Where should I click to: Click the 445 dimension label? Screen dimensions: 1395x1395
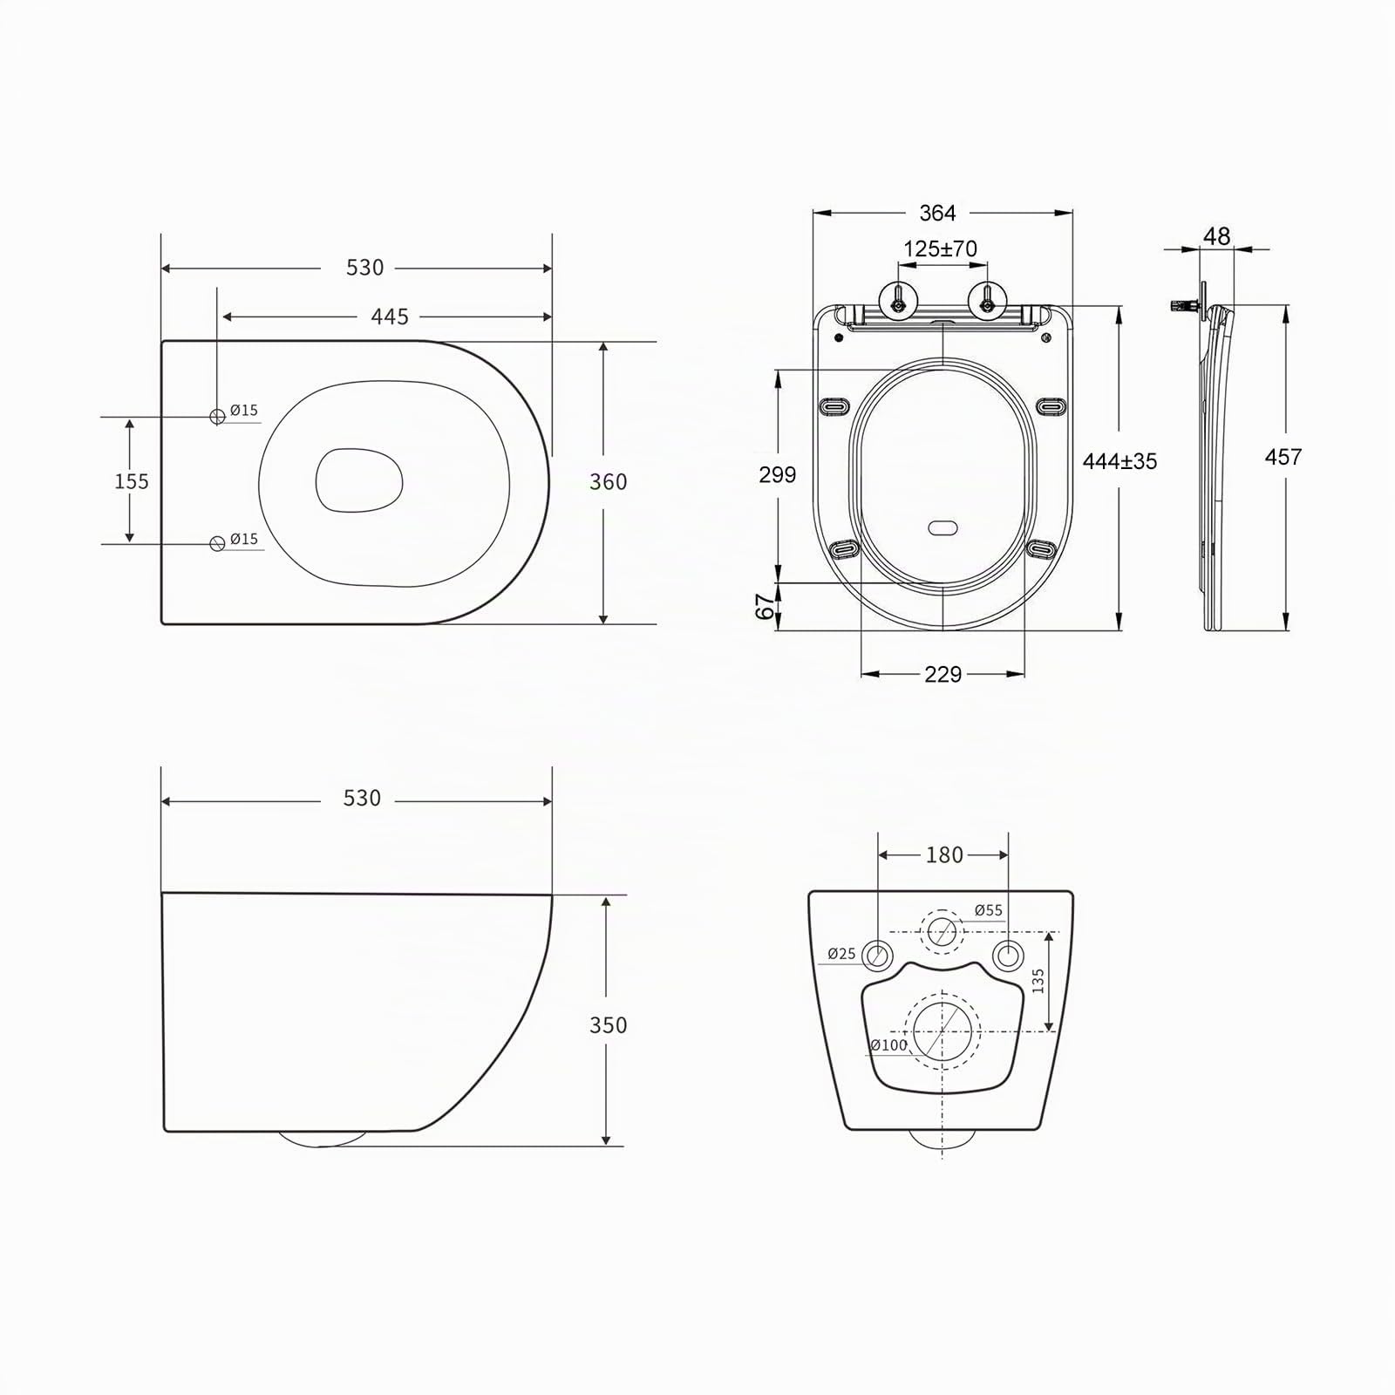pos(390,316)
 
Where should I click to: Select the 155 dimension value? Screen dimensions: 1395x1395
pos(132,481)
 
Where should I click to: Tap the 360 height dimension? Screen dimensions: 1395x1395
pos(608,482)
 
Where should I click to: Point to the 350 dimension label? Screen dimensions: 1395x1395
pos(608,1025)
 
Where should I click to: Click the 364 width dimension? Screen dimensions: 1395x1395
pos(937,213)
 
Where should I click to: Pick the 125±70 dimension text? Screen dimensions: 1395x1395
pos(940,248)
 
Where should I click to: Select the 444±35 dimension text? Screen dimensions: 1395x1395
pos(1119,461)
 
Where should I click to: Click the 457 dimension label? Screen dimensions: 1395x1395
pos(1283,457)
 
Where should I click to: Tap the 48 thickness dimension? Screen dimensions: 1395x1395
pos(1216,236)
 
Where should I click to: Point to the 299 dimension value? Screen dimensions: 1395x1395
pos(778,474)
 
